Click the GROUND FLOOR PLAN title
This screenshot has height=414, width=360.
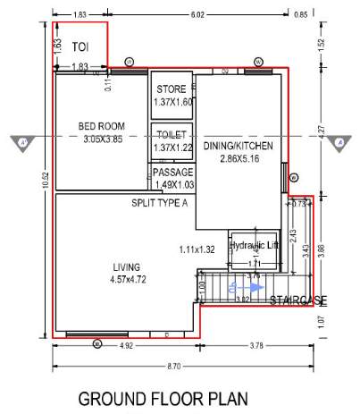coord(163,398)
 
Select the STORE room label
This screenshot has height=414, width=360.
coord(172,90)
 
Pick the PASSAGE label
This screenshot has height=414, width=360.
coord(172,172)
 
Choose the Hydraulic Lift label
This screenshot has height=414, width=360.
coord(255,244)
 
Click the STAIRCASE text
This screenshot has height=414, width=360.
coord(298,300)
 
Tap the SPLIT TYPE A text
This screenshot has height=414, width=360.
coord(159,203)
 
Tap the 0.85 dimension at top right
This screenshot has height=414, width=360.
coord(300,14)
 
